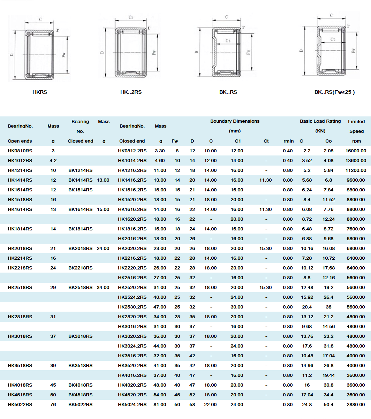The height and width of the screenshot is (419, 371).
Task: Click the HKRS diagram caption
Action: (40, 92)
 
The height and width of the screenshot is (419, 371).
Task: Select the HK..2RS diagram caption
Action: (131, 92)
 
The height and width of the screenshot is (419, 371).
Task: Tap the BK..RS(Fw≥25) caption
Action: (334, 92)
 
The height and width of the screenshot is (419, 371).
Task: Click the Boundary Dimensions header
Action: (235, 121)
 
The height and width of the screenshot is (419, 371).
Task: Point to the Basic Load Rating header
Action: (320, 121)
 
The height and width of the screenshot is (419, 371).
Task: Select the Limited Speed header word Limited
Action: (356, 121)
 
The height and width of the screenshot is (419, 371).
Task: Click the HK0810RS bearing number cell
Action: (20, 151)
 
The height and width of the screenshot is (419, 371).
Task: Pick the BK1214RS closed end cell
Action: (80, 170)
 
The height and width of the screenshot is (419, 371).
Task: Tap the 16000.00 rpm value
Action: (356, 151)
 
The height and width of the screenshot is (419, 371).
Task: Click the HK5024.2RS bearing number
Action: (132, 405)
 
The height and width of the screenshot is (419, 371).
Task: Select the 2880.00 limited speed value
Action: (356, 405)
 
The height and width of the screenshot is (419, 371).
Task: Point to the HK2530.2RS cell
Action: (132, 307)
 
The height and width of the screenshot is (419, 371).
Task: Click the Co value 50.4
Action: (328, 405)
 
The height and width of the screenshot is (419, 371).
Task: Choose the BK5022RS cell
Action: (80, 405)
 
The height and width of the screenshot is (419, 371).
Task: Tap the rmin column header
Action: (288, 141)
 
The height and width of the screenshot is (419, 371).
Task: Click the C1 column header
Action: (237, 141)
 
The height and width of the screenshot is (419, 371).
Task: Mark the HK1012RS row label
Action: (20, 161)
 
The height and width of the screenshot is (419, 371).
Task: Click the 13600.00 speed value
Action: (356, 161)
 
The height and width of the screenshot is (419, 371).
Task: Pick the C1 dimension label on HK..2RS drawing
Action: (131, 17)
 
